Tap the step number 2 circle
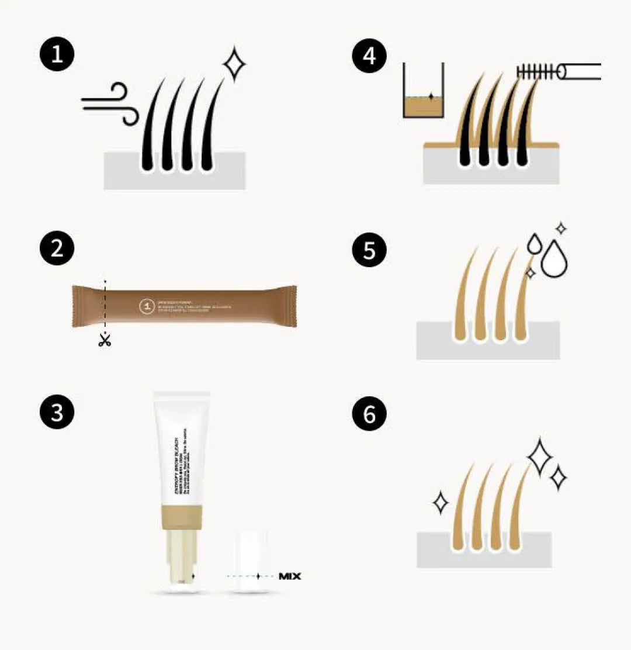pos(57,250)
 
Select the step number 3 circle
pos(57,413)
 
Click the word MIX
pos(290,576)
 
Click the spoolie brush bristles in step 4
pos(536,72)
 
